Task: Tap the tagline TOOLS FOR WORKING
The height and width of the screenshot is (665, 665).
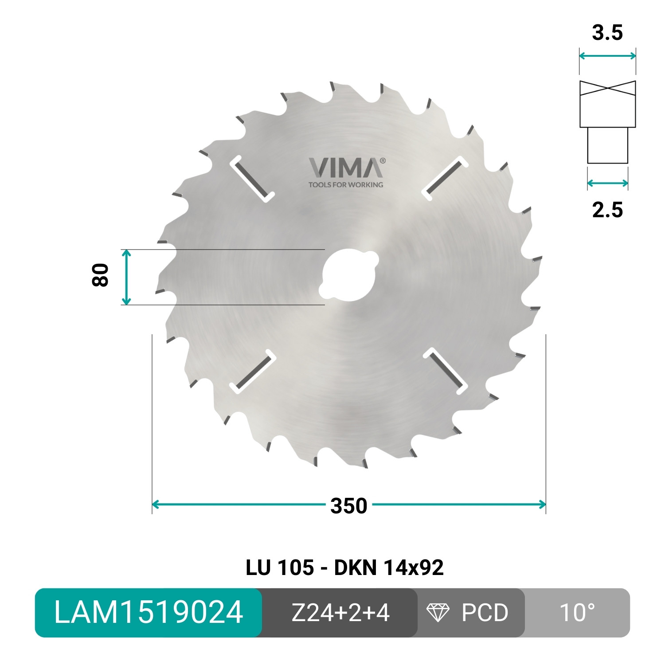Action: [346, 184]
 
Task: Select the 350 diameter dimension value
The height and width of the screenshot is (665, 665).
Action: [349, 506]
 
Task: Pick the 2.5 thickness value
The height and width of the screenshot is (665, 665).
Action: [607, 210]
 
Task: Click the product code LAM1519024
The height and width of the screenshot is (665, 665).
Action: [149, 613]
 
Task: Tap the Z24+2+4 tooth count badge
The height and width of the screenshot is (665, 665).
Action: [340, 613]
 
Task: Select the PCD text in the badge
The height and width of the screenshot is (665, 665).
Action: [485, 613]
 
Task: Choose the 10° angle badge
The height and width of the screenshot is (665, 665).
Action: [577, 613]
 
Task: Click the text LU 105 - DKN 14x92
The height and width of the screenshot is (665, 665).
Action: [344, 567]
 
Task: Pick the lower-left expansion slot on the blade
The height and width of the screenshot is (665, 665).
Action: [252, 372]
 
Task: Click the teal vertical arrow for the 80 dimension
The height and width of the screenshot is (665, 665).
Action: [126, 277]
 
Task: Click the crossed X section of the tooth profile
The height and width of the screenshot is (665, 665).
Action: [607, 87]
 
